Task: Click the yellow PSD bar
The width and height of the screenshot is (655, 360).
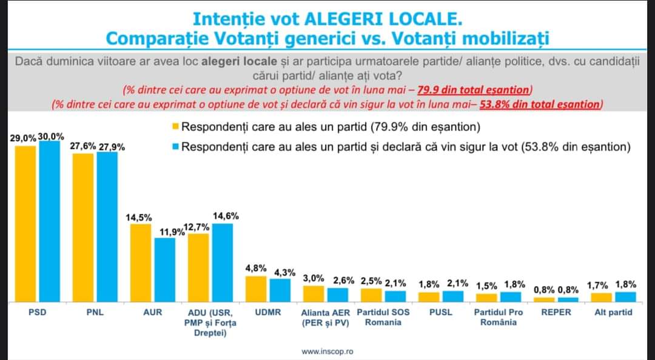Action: [x=25, y=224]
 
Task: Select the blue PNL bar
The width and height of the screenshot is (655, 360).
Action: [x=107, y=227]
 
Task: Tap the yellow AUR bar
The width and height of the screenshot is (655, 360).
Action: [x=141, y=263]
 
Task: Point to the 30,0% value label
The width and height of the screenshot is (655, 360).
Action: [x=51, y=136]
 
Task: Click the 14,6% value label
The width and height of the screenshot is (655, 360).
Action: [x=225, y=216]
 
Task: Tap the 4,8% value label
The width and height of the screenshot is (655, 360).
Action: [x=255, y=268]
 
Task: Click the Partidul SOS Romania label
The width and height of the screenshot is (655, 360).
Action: [x=383, y=317]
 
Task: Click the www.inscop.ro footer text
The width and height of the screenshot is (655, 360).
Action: [x=327, y=351]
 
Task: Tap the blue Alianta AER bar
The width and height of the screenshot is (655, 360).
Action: [x=337, y=295]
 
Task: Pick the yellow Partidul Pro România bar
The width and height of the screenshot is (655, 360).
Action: [x=486, y=297]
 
